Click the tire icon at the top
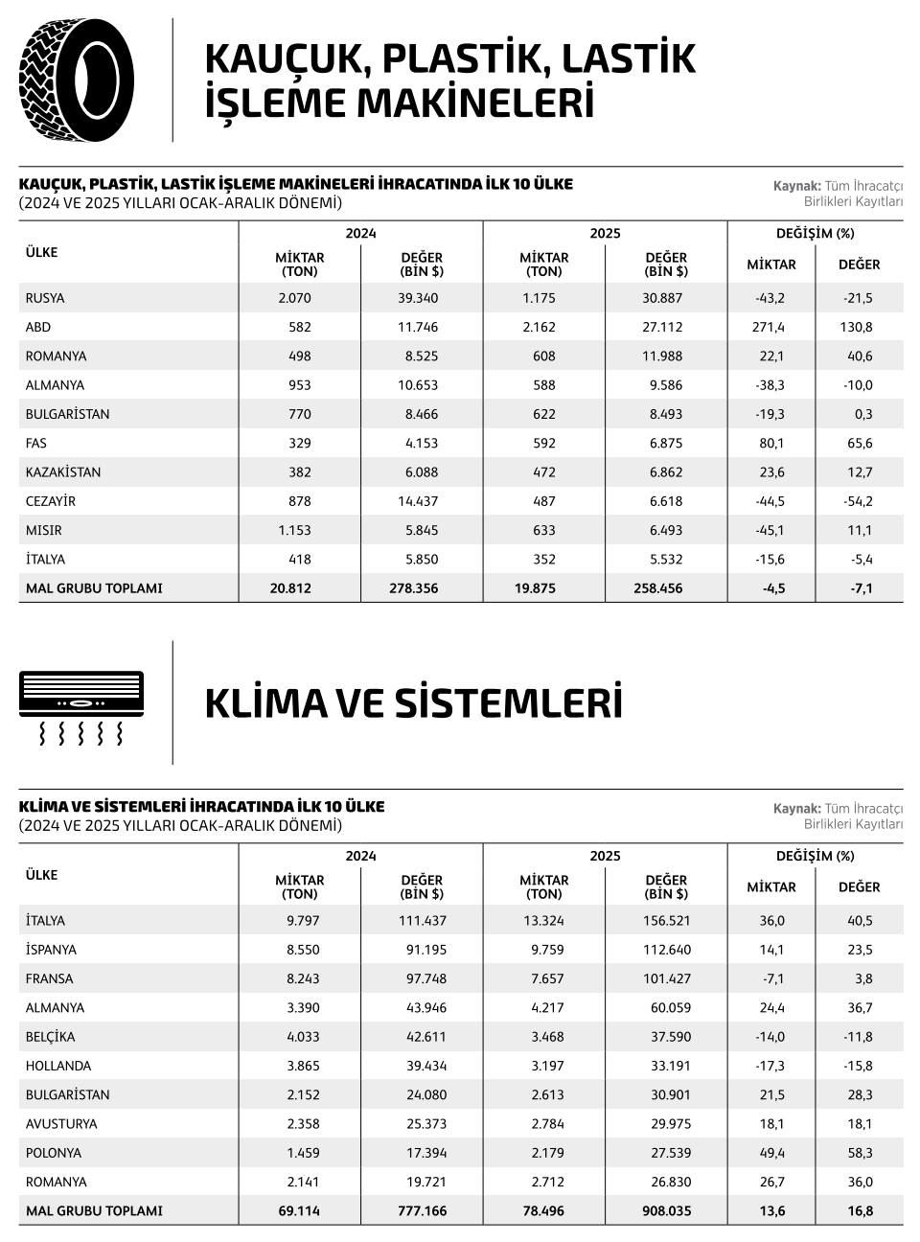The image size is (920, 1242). (x=77, y=80)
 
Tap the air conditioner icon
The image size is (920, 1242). (x=81, y=706)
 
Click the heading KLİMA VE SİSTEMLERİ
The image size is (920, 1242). (x=413, y=703)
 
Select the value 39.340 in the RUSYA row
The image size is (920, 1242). (x=418, y=298)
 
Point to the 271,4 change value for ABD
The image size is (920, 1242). (x=770, y=327)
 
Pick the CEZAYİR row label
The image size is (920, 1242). (x=51, y=501)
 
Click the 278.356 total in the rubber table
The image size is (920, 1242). (x=418, y=588)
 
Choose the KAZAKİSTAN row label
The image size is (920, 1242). (x=63, y=472)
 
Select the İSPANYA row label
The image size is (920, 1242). (x=52, y=950)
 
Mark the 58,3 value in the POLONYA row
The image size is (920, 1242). (x=860, y=1153)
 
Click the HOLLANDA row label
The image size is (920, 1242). (x=58, y=1066)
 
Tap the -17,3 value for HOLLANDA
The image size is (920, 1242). (x=770, y=1066)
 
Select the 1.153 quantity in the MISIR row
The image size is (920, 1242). (x=294, y=530)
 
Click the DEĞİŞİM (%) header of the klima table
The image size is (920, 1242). (x=815, y=856)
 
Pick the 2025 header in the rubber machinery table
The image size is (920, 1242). (x=605, y=233)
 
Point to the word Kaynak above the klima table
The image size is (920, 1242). (x=796, y=808)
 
